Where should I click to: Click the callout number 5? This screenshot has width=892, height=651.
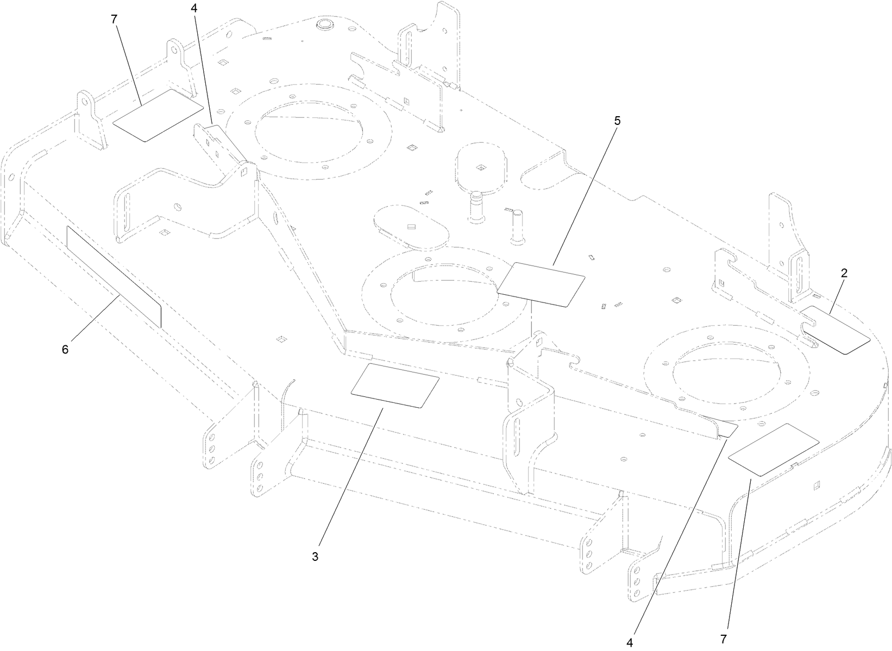tap(617, 121)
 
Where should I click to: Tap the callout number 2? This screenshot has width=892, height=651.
tap(844, 273)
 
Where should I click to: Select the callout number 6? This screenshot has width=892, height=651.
tap(65, 349)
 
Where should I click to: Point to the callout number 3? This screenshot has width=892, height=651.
tap(315, 557)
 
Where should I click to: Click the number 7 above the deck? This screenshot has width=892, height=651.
tap(114, 19)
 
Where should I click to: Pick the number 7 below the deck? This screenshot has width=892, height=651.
tap(723, 639)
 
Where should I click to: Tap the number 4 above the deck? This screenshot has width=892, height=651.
tap(194, 9)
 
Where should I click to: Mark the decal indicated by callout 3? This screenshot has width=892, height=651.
tap(395, 385)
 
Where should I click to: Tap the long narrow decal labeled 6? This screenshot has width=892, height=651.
tap(114, 276)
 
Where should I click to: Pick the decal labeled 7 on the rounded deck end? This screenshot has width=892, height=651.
tap(774, 450)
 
